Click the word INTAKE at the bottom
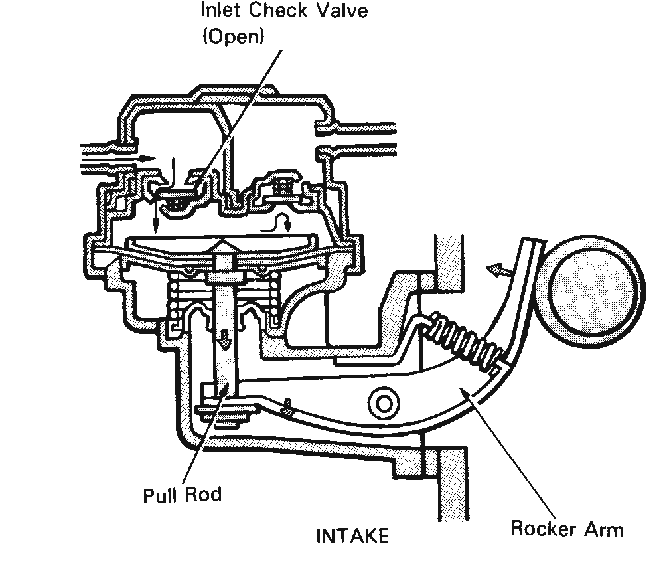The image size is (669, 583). tap(352, 536)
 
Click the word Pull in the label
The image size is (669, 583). tap(159, 495)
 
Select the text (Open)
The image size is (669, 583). tap(234, 37)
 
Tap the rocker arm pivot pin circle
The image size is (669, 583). tap(384, 403)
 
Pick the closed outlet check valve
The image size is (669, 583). tap(283, 188)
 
